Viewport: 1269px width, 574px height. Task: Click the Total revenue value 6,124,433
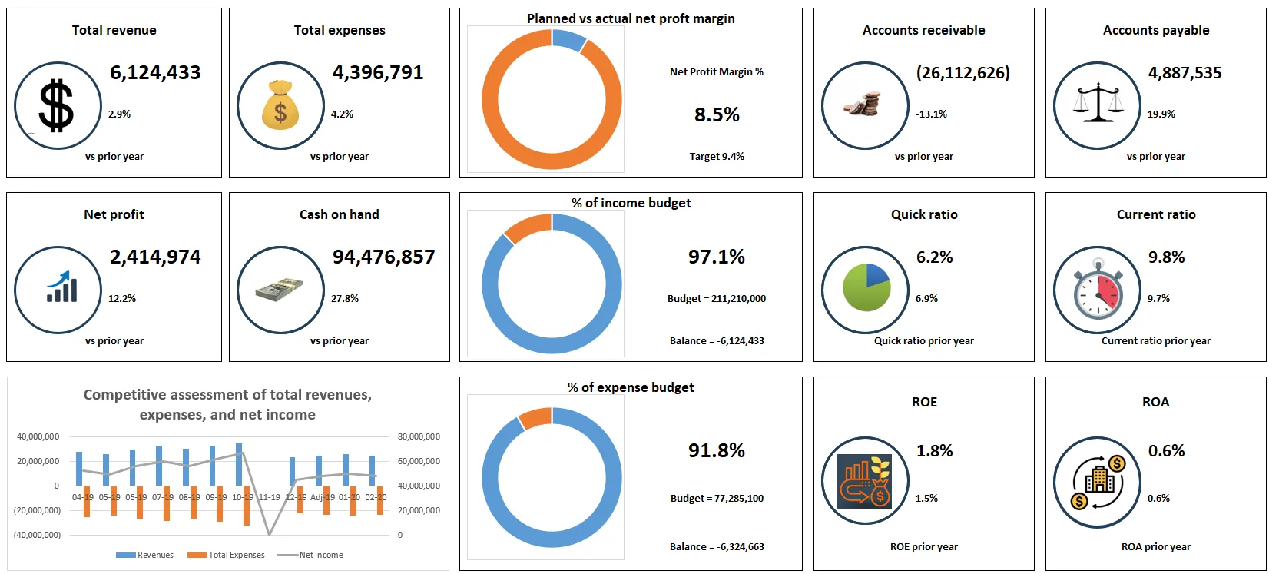point(155,72)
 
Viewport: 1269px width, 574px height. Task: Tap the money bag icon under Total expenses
point(280,105)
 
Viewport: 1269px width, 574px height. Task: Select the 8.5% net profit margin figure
point(717,114)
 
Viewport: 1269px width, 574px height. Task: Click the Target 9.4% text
point(717,156)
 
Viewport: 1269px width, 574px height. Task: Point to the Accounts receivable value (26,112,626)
point(963,73)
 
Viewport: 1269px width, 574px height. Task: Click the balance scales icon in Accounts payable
point(1097,105)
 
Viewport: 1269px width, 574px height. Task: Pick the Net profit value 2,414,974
point(155,257)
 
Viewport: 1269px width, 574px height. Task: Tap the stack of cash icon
point(280,290)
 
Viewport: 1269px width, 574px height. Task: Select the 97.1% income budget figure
point(717,257)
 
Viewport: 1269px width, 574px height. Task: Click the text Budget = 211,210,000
point(717,298)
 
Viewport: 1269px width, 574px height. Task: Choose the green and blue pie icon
point(866,287)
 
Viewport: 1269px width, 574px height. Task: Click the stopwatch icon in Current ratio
point(1098,290)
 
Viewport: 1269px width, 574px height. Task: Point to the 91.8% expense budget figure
point(717,450)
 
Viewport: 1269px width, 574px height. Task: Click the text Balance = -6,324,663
point(717,546)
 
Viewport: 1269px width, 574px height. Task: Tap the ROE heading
point(924,402)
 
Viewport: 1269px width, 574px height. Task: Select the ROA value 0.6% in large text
point(1166,451)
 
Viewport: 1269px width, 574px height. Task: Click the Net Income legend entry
point(320,555)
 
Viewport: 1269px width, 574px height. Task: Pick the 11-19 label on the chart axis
point(269,497)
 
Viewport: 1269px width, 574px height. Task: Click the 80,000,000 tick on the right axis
point(419,436)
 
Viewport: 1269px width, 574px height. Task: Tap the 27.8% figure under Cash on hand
point(345,298)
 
